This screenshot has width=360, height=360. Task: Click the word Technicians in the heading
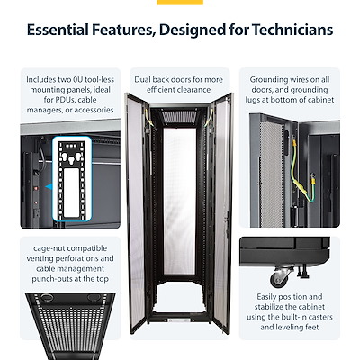point(292,30)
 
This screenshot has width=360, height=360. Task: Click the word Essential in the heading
point(58,30)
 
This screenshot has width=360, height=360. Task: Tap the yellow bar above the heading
point(180,3)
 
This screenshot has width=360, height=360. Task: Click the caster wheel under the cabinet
point(281,277)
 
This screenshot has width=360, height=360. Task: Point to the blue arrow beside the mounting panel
point(49,187)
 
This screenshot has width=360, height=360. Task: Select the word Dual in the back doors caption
point(142,80)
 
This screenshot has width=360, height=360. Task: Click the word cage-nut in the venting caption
point(49,249)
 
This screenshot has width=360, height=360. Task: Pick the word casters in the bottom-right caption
point(319,317)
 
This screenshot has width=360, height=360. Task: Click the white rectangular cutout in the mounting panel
point(71,192)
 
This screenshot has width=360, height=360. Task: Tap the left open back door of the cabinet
point(136,213)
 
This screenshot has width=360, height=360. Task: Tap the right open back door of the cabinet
point(222,213)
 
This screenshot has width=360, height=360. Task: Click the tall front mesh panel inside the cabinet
point(179,201)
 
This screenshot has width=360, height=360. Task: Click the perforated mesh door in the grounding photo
point(271,174)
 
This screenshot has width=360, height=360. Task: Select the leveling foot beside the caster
point(302,271)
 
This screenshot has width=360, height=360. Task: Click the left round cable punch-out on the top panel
point(47,298)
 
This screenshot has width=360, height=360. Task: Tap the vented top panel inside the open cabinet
point(179,116)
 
